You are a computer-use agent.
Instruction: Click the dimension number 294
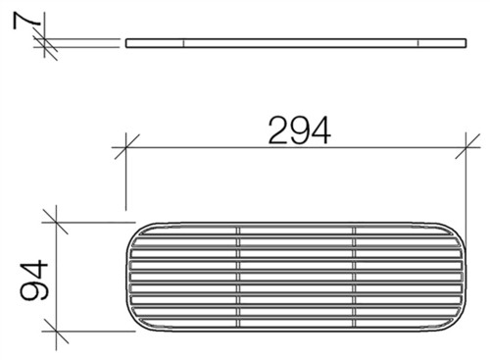[x=299, y=130]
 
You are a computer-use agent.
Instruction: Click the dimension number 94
[x=34, y=281]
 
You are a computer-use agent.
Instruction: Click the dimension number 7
[x=27, y=20]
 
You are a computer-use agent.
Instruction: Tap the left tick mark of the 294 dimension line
[x=126, y=147]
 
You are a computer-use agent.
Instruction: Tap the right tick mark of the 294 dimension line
[x=466, y=147]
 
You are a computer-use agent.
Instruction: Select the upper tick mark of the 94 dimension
[x=56, y=223]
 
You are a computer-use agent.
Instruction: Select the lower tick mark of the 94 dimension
[x=56, y=332]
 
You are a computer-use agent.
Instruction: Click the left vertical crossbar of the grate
[x=238, y=278]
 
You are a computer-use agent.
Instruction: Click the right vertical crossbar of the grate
[x=354, y=278]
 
